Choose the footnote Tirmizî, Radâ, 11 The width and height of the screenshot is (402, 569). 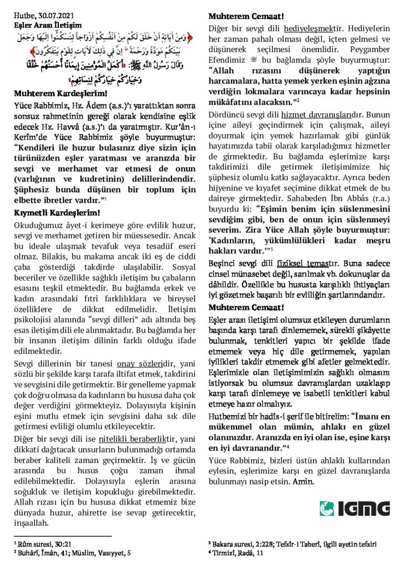pos(239,552)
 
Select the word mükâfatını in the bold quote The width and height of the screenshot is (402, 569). pos(231,101)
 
